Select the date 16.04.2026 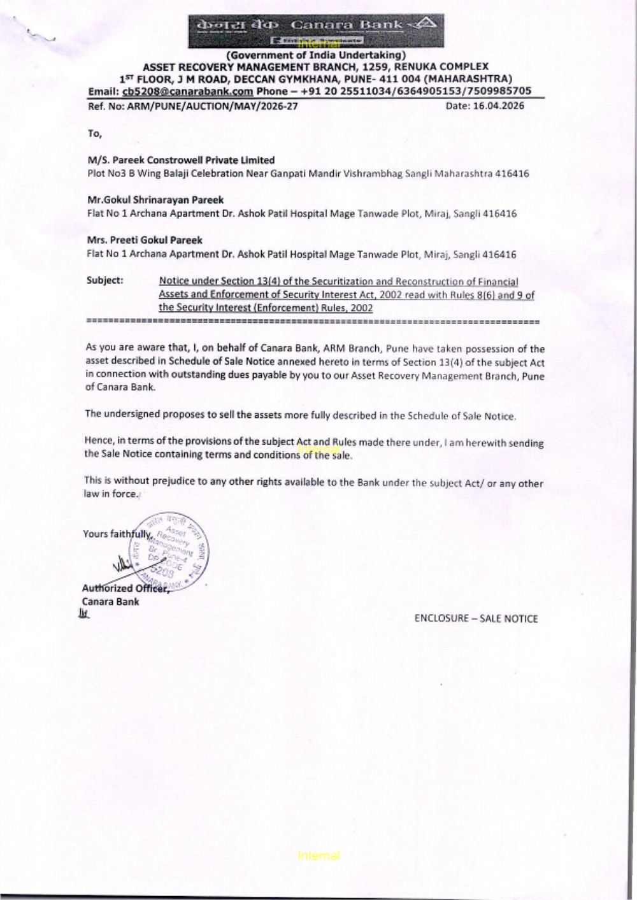point(498,106)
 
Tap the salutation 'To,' point(94,134)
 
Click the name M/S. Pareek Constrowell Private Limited point(181,161)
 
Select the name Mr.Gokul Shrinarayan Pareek point(155,200)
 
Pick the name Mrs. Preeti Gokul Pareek point(145,240)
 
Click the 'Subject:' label point(105,280)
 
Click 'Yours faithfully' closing point(117,534)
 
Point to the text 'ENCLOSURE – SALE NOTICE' point(476,618)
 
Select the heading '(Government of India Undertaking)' point(316,55)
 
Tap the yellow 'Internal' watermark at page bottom point(318,856)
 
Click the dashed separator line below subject point(312,322)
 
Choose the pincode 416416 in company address point(512,174)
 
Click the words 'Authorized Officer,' point(125,589)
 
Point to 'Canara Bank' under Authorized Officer point(110,602)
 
